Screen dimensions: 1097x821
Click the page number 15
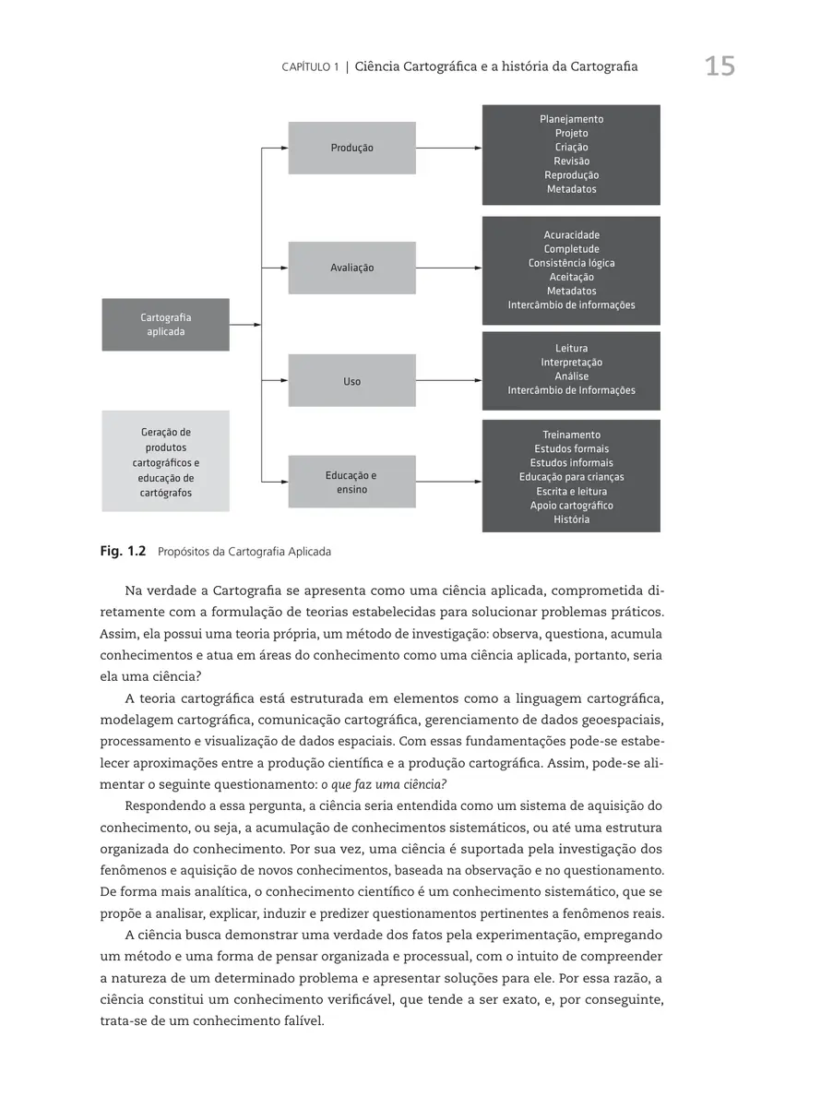pos(720,66)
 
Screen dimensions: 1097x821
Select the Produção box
pos(351,148)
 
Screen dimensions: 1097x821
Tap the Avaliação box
pos(351,268)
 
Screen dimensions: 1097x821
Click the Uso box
pos(351,381)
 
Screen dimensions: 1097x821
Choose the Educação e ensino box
pos(351,482)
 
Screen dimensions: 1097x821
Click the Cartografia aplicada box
pos(165,325)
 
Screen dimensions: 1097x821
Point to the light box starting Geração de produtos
pos(165,461)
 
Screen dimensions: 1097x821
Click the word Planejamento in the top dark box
pos(571,119)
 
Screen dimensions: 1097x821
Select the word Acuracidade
pos(571,235)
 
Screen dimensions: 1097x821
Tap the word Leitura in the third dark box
pos(571,349)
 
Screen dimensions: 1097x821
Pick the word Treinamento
pos(571,435)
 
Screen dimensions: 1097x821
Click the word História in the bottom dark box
pos(571,519)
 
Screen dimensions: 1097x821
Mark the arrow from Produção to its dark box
pos(448,148)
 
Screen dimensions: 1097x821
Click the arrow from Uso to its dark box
pos(448,380)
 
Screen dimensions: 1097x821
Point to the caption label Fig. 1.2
pos(123,552)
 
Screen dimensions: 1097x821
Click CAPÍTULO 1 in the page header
pos(310,67)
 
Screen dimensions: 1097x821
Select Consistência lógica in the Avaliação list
pos(571,263)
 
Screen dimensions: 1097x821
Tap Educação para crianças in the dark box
pos(571,477)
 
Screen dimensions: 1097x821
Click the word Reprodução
pos(571,175)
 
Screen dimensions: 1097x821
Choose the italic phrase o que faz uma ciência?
pos(383,785)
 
